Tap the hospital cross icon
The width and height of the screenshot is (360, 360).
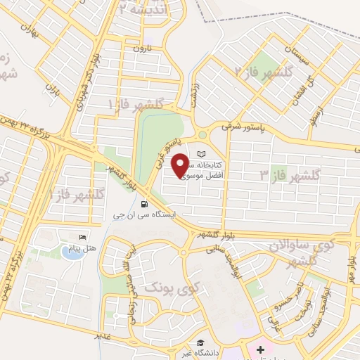260,349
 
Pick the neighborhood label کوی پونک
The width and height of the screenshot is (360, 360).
172,287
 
